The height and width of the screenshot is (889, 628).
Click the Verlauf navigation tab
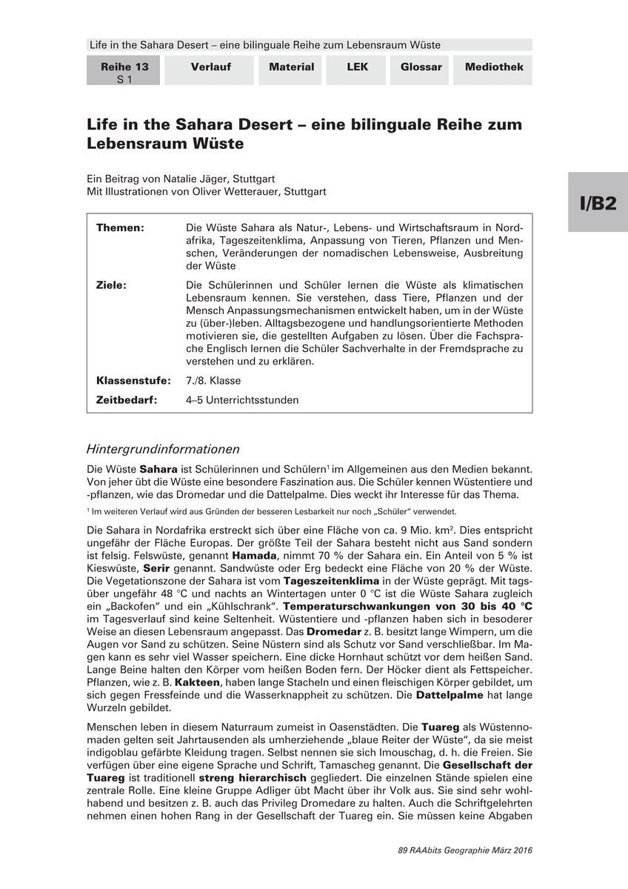pos(210,67)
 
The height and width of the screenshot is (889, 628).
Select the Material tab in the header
pos(291,67)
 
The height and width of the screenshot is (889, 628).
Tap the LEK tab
pos(357,67)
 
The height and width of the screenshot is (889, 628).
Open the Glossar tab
pos(421,67)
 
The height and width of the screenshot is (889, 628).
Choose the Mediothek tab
pos(494,67)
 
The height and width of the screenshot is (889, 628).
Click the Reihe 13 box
pos(124,73)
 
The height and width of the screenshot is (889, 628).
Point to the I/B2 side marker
pos(598,204)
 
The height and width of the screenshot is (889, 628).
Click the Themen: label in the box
pos(120,227)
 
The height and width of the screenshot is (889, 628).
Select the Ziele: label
pos(111,285)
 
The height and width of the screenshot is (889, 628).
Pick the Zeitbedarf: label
pos(128,400)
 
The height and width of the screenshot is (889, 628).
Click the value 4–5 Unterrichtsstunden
pos(242,400)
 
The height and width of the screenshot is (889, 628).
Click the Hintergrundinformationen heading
pos(163,449)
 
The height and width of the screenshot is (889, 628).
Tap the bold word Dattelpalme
pos(450,696)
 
